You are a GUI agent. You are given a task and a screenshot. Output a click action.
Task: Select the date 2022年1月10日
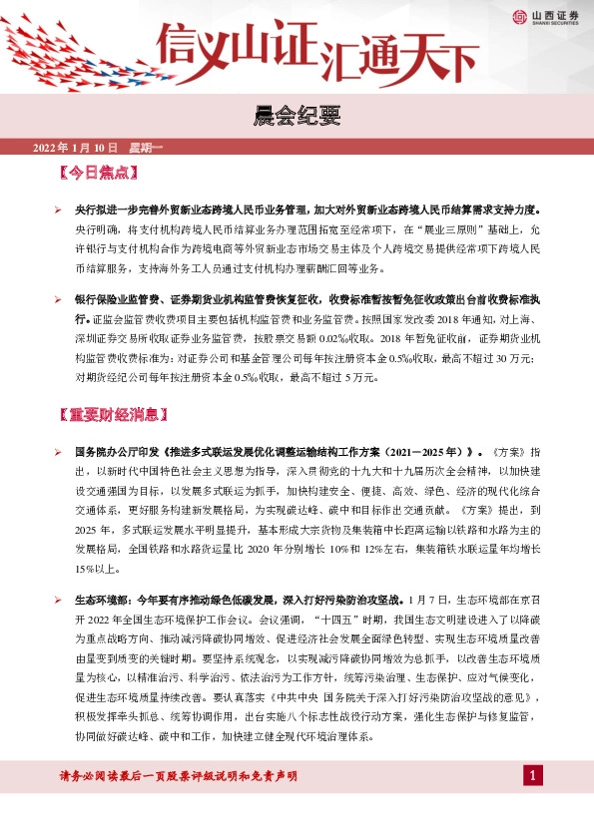click(77, 149)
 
